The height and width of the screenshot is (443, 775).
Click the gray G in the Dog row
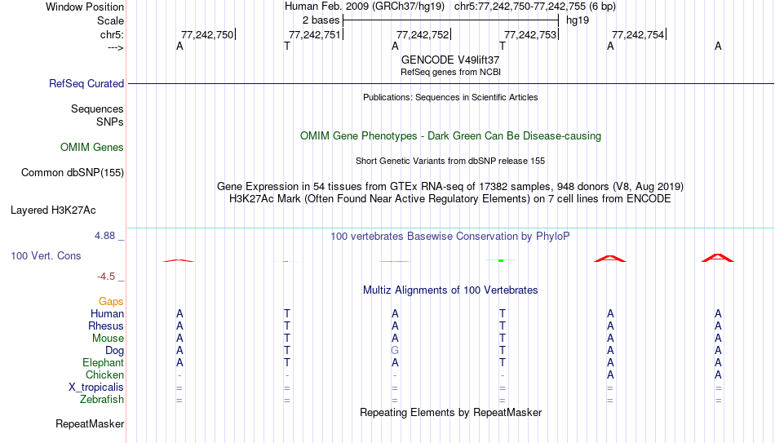click(394, 351)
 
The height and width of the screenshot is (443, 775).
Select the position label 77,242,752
click(423, 34)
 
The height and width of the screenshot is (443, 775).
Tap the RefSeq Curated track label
click(86, 83)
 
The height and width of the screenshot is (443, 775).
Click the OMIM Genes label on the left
click(92, 148)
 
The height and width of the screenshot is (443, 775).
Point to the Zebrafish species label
click(102, 400)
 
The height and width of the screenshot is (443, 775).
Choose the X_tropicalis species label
click(96, 388)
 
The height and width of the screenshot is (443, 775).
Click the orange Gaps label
click(111, 302)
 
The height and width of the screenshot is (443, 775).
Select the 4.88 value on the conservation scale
click(104, 236)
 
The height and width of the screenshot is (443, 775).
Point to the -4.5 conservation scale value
click(106, 277)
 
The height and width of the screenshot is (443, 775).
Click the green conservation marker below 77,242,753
click(501, 260)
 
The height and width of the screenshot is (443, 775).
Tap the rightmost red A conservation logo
click(718, 258)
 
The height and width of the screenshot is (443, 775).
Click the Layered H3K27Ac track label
click(53, 210)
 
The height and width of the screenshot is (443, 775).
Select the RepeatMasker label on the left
click(90, 423)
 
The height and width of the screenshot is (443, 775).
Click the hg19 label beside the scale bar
click(578, 20)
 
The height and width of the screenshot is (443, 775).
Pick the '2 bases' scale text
click(321, 20)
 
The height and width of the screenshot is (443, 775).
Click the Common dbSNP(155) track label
click(73, 173)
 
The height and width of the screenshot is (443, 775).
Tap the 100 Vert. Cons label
click(46, 255)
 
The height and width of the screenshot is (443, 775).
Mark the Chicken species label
click(104, 374)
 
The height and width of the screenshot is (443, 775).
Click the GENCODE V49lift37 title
click(450, 60)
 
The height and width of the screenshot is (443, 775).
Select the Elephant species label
click(104, 363)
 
